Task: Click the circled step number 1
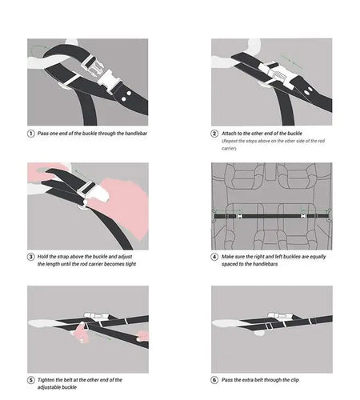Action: pos(31,134)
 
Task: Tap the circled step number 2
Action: pos(214,134)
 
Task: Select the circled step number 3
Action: pos(31,257)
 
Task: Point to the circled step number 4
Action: pos(214,257)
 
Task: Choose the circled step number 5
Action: pos(31,380)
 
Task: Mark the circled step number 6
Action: pos(214,380)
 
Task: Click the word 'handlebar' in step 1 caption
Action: pos(136,134)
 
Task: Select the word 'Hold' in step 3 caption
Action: pos(42,257)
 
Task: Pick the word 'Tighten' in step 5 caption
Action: pos(46,380)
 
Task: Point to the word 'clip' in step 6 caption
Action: pos(294,380)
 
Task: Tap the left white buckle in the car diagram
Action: pos(240,216)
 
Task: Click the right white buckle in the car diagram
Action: pos(303,216)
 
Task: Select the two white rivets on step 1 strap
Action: pos(126,96)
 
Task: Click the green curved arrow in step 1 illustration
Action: pos(39,48)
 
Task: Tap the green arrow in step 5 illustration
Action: pos(102,337)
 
